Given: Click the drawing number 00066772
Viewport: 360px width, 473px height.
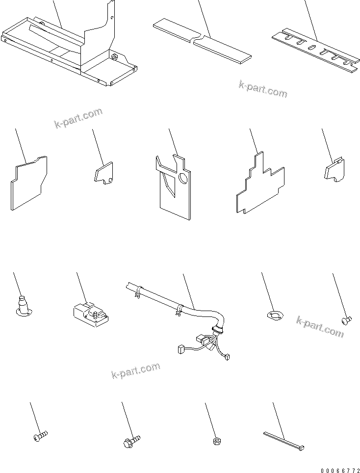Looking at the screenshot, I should pyautogui.click(x=338, y=470).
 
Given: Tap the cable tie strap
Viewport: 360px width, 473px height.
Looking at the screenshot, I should pyautogui.click(x=284, y=441).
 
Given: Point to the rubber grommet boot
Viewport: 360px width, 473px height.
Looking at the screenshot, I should pyautogui.click(x=23, y=304).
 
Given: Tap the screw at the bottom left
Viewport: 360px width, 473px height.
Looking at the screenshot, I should pyautogui.click(x=40, y=436).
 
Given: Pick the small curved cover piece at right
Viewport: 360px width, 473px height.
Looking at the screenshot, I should pyautogui.click(x=335, y=171).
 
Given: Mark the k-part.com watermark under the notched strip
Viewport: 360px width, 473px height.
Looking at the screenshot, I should pyautogui.click(x=263, y=89).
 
